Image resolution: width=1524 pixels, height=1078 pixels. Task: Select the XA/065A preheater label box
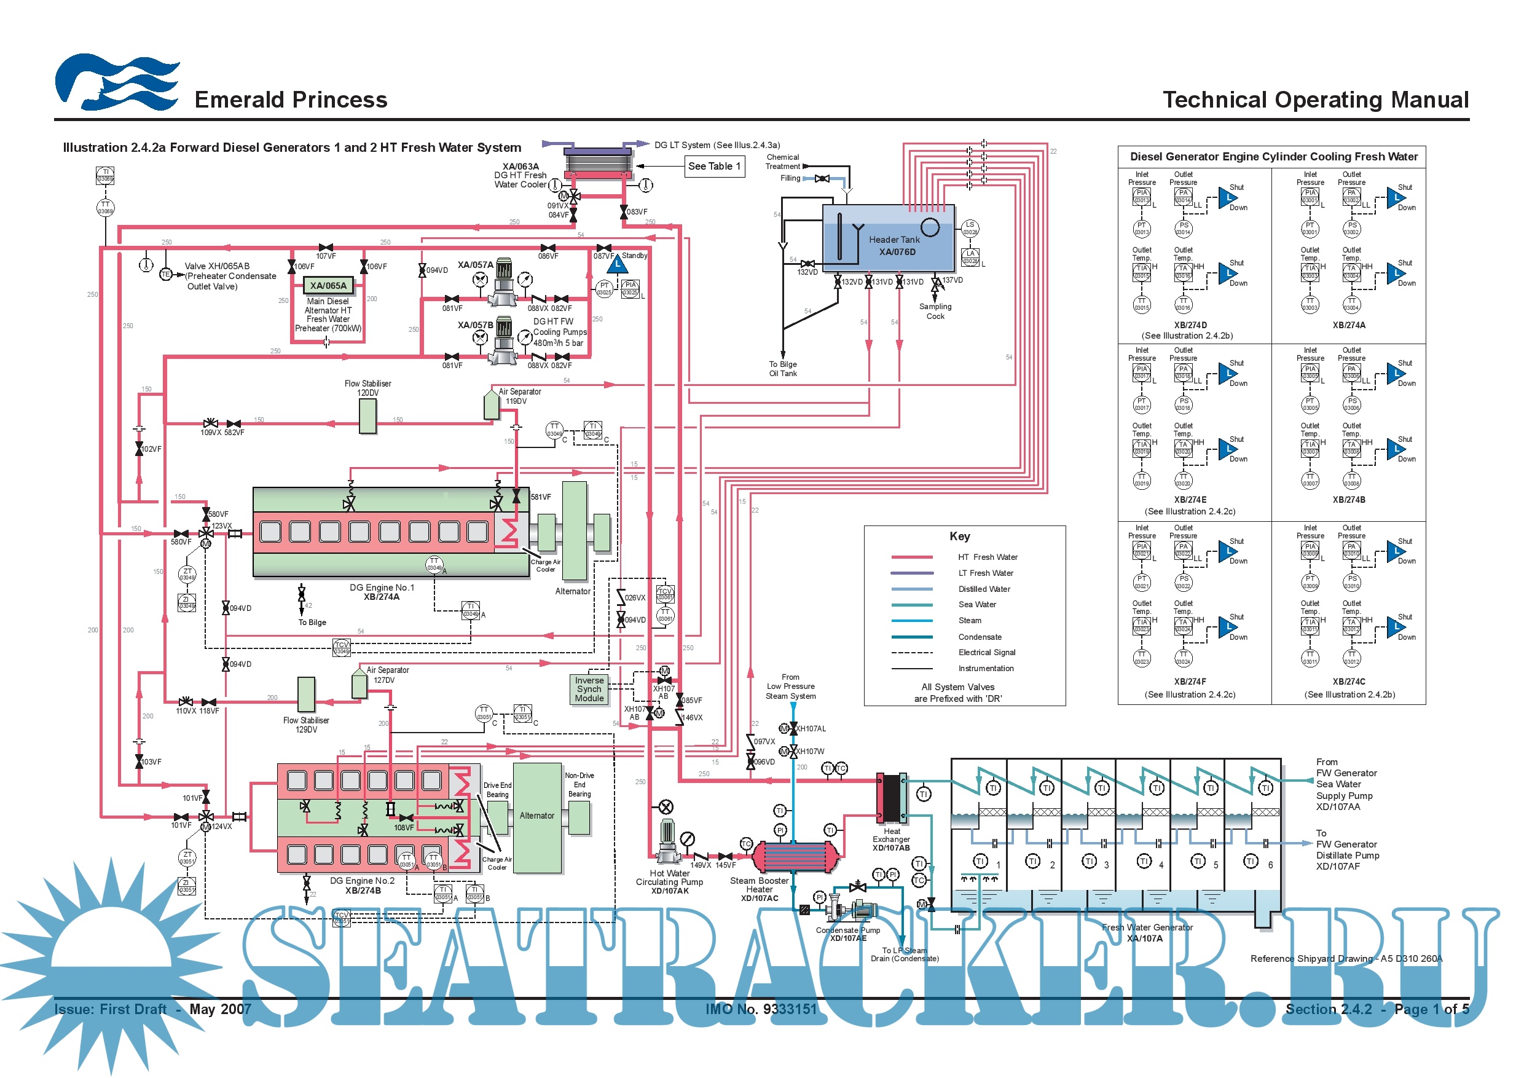point(328,285)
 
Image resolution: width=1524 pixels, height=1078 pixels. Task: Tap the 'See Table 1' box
point(714,166)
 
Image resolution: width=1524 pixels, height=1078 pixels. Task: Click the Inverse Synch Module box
point(589,689)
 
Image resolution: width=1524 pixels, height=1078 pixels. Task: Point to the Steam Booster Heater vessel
point(795,857)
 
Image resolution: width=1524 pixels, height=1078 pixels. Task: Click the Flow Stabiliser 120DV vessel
point(367,416)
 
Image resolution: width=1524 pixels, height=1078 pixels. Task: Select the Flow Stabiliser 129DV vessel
point(306,695)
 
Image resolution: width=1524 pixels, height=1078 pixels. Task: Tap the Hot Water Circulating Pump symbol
point(667,840)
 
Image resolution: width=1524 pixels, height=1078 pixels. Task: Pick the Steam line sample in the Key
point(912,621)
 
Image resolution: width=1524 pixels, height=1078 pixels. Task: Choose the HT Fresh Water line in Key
point(912,557)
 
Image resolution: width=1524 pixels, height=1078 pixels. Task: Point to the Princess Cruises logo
point(117,82)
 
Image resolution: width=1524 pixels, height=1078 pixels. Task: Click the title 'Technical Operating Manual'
point(1316,100)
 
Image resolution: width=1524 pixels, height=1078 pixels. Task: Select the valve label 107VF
point(325,256)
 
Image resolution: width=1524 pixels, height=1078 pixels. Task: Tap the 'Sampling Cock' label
point(935,312)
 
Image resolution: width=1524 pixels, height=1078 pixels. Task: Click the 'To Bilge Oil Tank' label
point(784,369)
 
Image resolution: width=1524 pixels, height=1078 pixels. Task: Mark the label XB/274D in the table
point(1190,325)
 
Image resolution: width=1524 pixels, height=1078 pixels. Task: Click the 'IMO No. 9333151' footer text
point(761,1009)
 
